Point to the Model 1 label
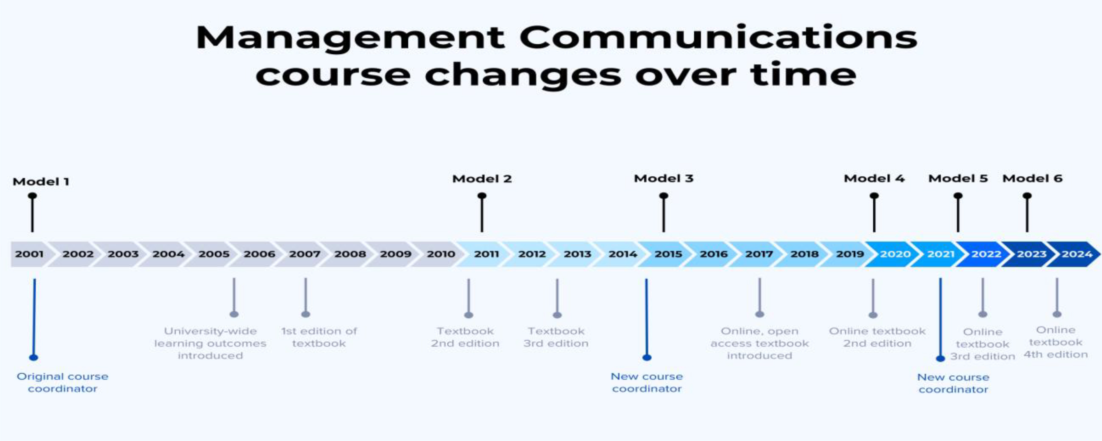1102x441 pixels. point(41,182)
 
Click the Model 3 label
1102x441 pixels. point(664,179)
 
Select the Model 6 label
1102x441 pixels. point(1032,179)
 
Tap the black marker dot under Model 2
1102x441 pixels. point(482,196)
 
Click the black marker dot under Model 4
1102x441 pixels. point(874,196)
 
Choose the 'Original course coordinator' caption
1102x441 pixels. point(62,383)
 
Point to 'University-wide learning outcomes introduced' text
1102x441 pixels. point(210,343)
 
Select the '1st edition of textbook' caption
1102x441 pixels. point(319,337)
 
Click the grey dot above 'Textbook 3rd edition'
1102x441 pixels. point(557,315)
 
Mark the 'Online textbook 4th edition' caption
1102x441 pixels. point(1056,342)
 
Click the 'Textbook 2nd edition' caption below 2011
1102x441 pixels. point(465,337)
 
